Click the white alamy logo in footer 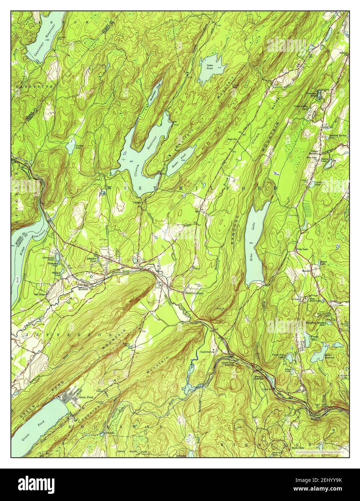pyautogui.click(x=31, y=483)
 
